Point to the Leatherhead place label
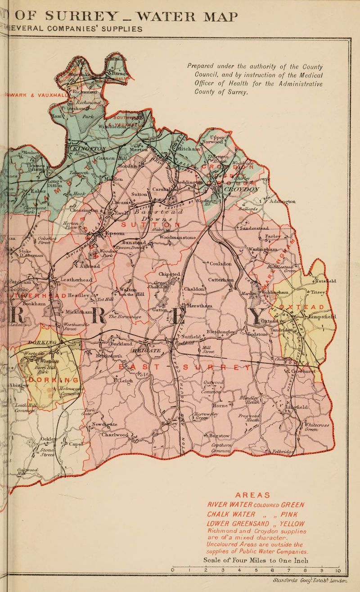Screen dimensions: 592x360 tap(76, 280)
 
